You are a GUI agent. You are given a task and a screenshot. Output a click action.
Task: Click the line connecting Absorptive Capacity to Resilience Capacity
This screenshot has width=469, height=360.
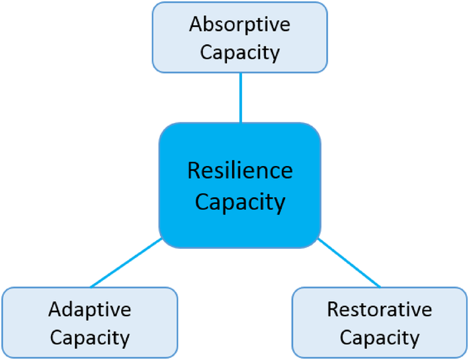[240, 98]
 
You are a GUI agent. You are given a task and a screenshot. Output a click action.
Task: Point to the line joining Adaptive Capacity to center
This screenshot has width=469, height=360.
[126, 263]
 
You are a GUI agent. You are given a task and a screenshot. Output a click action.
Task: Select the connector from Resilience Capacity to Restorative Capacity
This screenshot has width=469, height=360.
[349, 263]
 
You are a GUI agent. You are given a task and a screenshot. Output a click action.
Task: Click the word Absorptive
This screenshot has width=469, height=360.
[239, 25]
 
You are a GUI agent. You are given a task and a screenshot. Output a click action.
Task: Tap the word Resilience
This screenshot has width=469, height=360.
[239, 171]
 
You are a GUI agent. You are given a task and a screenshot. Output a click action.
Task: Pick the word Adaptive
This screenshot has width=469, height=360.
[90, 310]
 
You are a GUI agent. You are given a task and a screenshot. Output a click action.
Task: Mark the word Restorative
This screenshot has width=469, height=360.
[379, 310]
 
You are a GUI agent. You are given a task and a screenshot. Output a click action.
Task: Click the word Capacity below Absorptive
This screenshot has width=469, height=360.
[239, 52]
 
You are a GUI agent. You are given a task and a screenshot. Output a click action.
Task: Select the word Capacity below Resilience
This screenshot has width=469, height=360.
[239, 202]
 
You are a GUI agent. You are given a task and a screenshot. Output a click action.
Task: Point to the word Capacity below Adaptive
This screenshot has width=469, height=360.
[90, 337]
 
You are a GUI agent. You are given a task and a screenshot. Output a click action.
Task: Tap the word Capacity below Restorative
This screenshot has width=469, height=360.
[379, 337]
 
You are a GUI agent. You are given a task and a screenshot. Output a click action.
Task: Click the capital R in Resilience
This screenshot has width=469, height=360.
[193, 171]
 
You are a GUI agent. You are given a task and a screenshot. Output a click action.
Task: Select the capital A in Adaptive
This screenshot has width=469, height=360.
[54, 310]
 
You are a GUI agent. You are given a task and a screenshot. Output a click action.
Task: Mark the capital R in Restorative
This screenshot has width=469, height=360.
[333, 310]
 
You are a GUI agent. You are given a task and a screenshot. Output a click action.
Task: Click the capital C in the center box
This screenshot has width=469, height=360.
[201, 202]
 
